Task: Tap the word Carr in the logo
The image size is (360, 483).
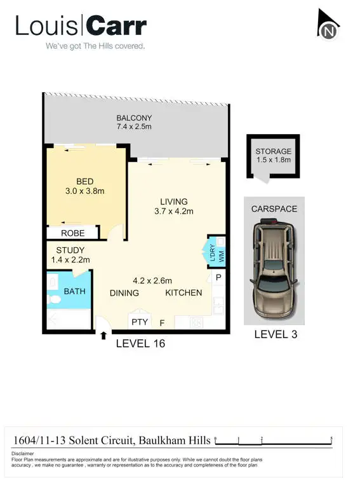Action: (117, 26)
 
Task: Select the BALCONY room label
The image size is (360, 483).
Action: (134, 118)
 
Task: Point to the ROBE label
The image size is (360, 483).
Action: (73, 233)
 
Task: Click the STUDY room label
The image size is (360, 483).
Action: (70, 250)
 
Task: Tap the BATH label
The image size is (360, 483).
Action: (74, 292)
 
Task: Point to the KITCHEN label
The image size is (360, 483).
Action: (183, 293)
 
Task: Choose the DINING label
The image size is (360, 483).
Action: (125, 293)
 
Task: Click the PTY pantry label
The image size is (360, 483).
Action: (140, 322)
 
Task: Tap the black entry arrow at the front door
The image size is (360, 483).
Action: (103, 335)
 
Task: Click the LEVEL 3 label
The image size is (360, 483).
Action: (276, 334)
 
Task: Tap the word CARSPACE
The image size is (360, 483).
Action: (274, 208)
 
